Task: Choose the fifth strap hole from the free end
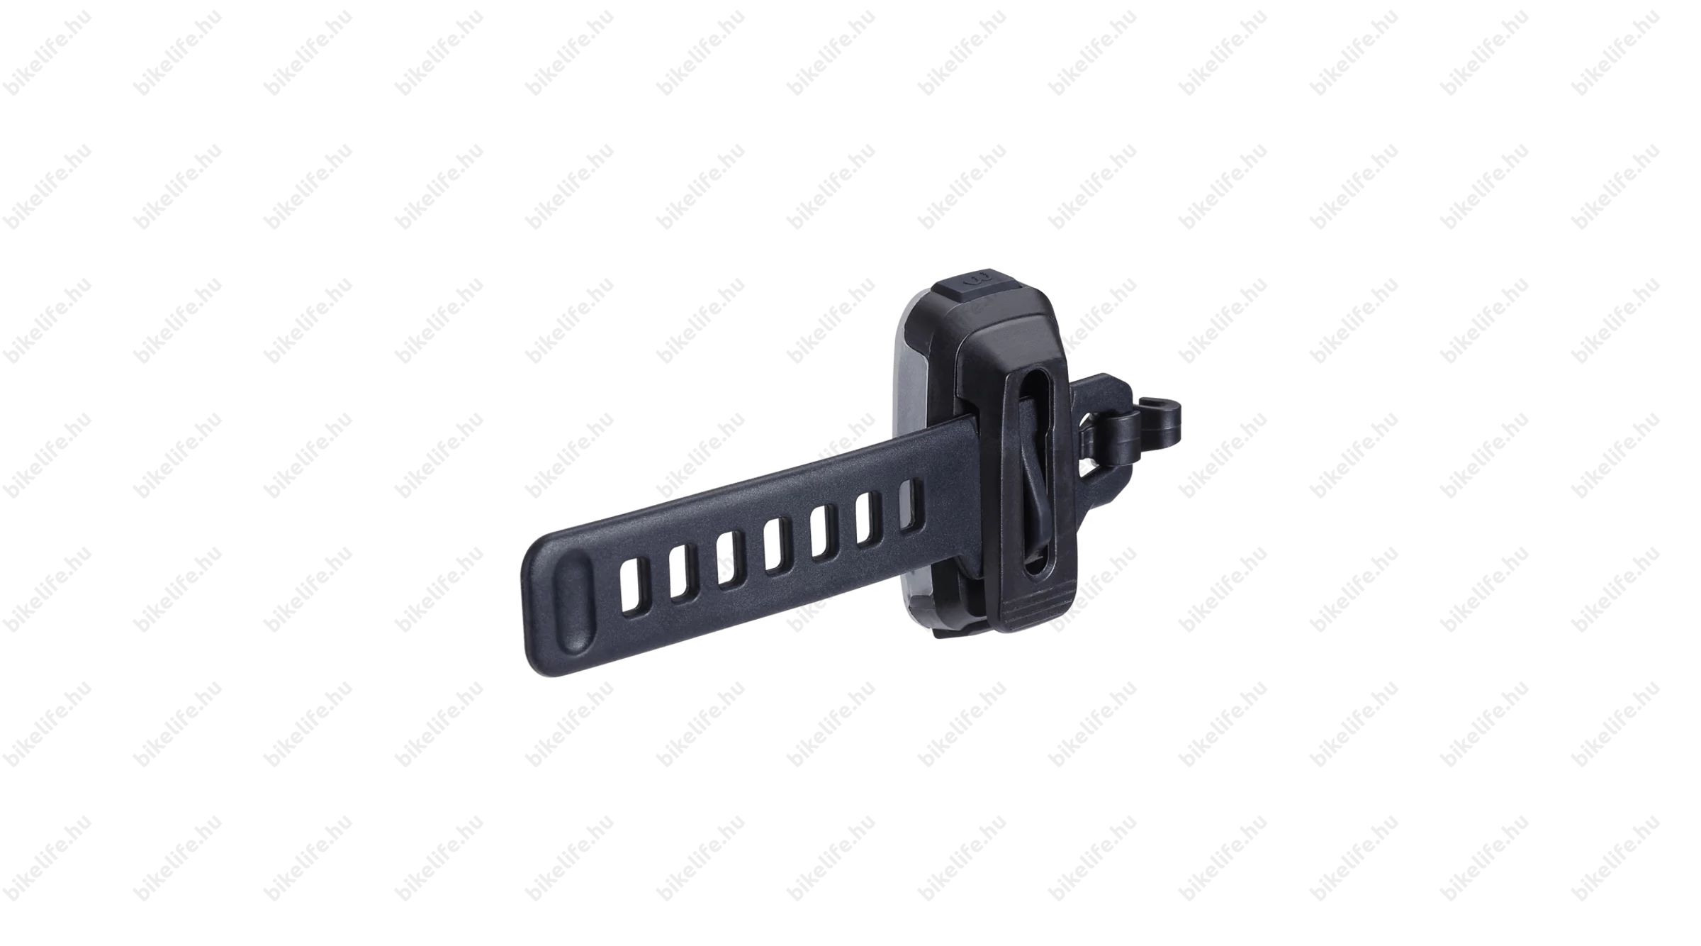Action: click(x=821, y=533)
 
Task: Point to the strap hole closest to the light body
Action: click(x=909, y=505)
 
